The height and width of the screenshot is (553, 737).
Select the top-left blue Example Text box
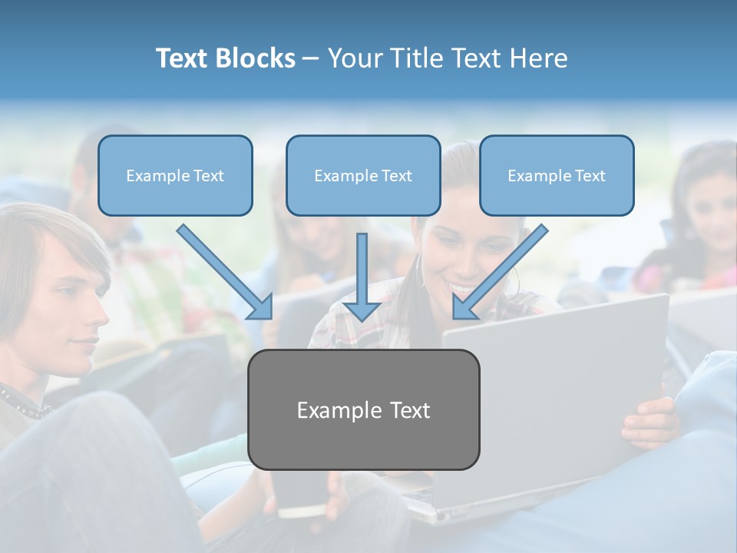(x=175, y=175)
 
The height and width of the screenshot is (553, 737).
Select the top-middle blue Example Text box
(x=363, y=175)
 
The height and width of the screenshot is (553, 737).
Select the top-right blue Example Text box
(x=557, y=175)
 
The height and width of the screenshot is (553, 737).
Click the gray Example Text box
(x=364, y=409)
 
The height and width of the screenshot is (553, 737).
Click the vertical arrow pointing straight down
(x=362, y=276)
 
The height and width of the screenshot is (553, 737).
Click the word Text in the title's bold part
(x=184, y=58)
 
